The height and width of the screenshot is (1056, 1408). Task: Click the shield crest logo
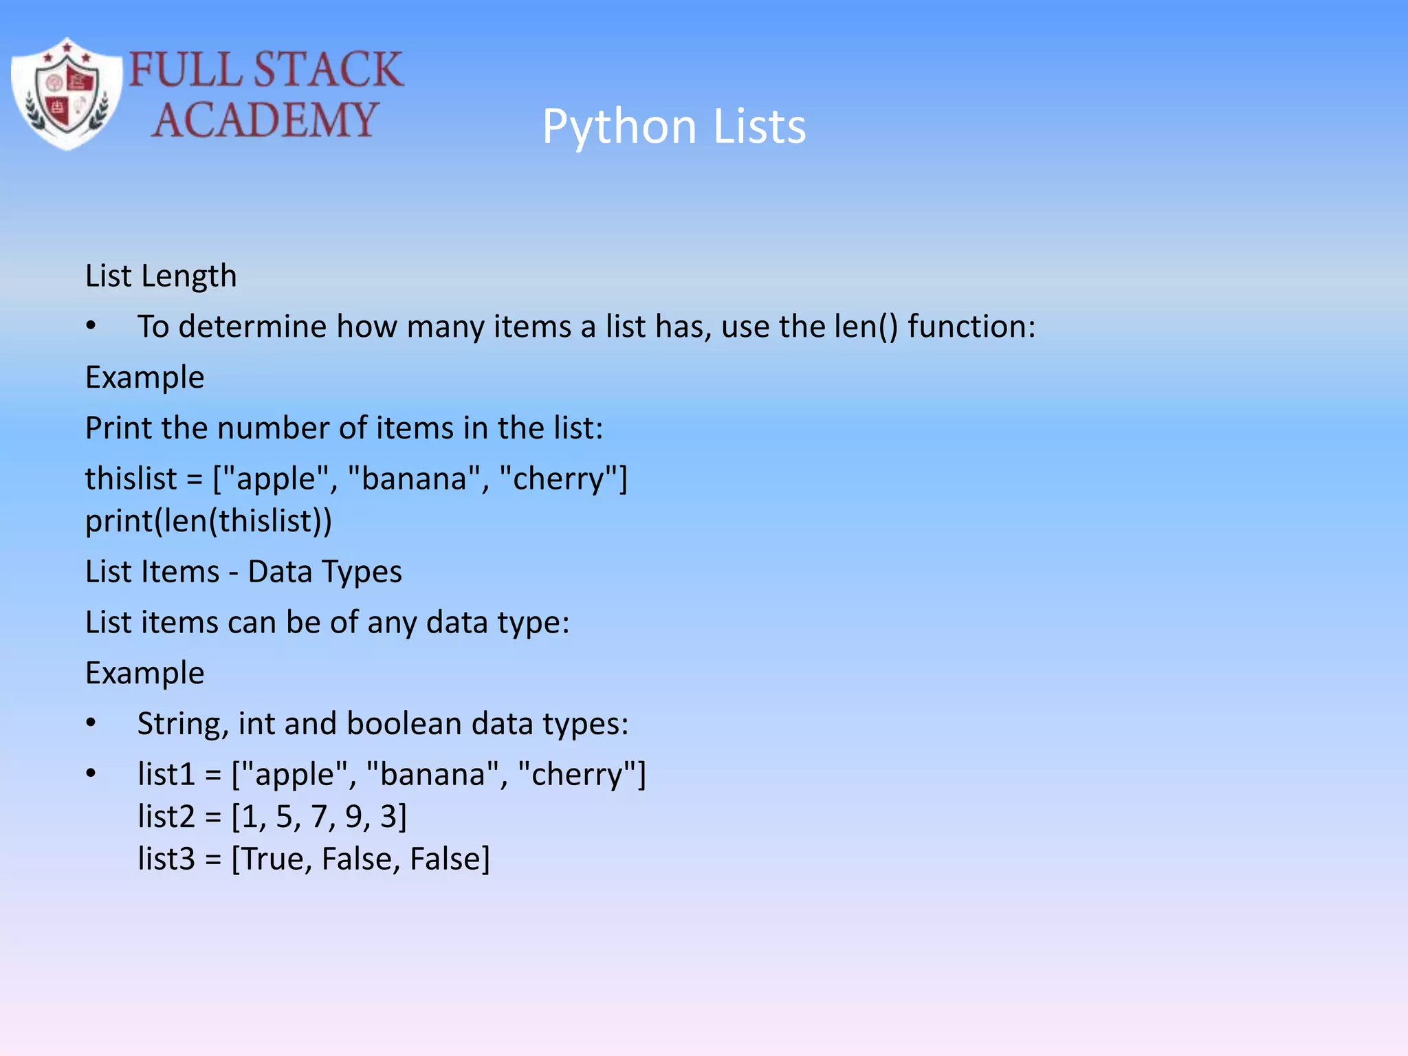coord(67,94)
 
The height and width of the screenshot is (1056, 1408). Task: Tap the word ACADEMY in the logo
coord(265,120)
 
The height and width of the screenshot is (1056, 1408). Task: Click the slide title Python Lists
coord(673,126)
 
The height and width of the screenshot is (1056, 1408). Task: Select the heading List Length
coord(161,276)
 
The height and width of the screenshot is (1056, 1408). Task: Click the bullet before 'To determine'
coord(91,327)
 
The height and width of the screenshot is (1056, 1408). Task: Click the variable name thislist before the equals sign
coord(131,478)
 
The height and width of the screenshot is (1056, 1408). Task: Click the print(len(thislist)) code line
coord(208,520)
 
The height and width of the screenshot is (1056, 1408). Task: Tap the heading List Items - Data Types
coord(243,571)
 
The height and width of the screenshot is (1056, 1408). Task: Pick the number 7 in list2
coord(318,817)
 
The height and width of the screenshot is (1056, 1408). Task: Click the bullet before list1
coord(91,774)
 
